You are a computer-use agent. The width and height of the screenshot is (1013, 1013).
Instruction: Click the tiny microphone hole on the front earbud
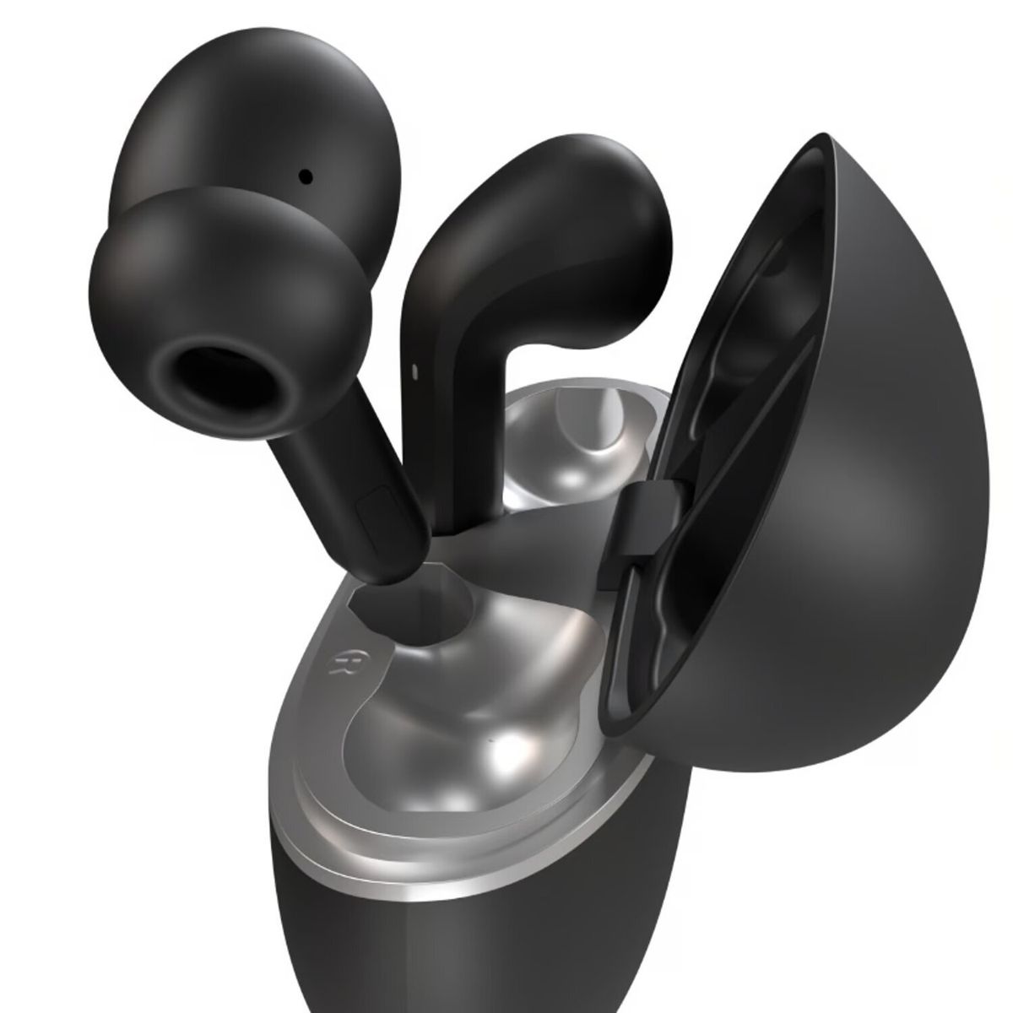click(305, 176)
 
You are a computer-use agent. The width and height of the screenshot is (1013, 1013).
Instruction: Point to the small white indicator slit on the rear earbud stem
click(415, 370)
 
